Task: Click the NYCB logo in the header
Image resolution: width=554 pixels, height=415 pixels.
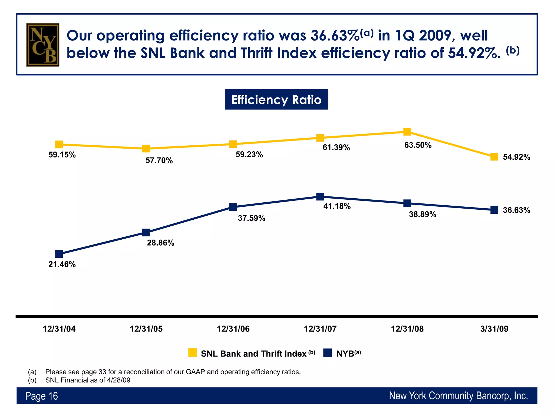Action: tap(43, 45)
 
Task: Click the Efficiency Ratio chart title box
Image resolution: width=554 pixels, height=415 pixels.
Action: tap(276, 99)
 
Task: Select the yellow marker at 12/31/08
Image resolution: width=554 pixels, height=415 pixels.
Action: tap(407, 132)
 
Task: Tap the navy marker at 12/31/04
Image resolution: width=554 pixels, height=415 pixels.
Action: tap(59, 254)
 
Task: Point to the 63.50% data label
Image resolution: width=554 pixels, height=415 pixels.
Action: tap(418, 145)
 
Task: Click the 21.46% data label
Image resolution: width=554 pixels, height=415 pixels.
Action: tap(62, 264)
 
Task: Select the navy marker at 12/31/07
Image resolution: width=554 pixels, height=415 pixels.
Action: tap(320, 196)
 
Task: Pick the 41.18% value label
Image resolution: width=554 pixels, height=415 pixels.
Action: tap(337, 206)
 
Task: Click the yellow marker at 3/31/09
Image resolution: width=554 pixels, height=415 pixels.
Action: tap(494, 157)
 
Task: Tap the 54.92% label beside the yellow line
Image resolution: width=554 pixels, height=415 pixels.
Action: tap(516, 157)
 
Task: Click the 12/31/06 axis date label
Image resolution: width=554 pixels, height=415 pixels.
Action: tap(233, 329)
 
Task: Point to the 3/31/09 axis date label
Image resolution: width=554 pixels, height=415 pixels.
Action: tap(494, 329)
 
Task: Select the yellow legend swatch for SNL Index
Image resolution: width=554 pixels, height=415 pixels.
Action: tap(192, 353)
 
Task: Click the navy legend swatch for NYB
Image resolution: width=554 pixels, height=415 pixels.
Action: tap(327, 353)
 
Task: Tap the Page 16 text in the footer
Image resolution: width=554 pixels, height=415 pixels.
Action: tap(41, 396)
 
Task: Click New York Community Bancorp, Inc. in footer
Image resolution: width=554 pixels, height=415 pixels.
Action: tap(458, 396)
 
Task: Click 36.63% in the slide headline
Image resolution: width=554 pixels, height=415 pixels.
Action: tap(335, 36)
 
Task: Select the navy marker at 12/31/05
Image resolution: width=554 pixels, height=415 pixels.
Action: tap(146, 232)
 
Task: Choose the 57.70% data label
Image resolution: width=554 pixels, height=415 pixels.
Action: tap(159, 161)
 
